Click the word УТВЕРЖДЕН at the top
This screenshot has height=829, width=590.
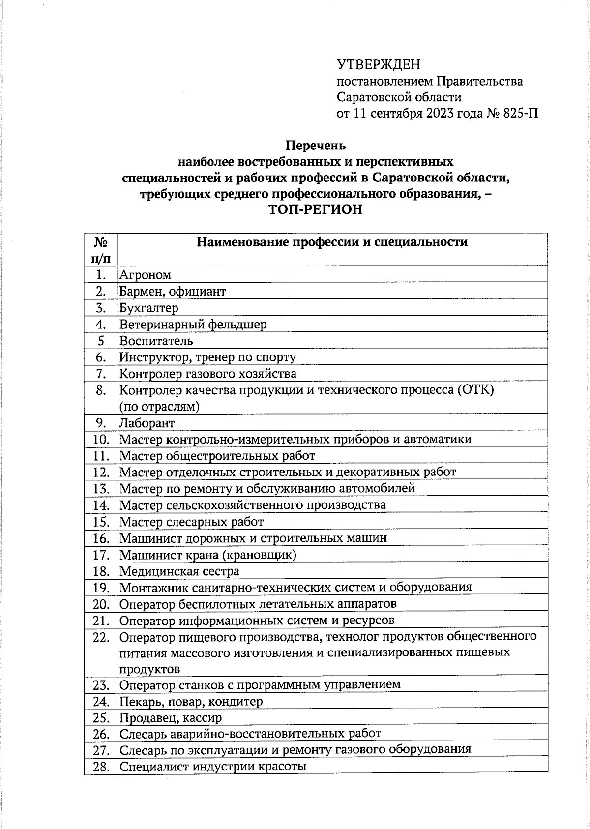379,65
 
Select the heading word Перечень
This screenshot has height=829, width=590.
316,146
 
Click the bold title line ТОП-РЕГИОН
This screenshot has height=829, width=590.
316,209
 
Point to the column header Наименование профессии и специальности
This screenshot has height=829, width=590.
332,242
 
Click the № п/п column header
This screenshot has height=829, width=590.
101,249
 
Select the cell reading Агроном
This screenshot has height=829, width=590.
146,275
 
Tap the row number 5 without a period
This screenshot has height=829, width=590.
101,341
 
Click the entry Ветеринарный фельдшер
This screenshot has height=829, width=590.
193,325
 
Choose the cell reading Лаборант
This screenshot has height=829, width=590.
147,423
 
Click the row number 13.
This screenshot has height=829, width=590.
101,489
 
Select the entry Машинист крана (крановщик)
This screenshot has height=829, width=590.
208,555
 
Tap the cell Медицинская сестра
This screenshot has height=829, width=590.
179,571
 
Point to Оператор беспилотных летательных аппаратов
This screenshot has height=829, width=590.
258,604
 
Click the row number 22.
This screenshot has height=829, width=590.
101,637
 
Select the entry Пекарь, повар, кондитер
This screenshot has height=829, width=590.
191,702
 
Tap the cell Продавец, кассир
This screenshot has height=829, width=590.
171,718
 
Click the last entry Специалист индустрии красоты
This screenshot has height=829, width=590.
213,767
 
